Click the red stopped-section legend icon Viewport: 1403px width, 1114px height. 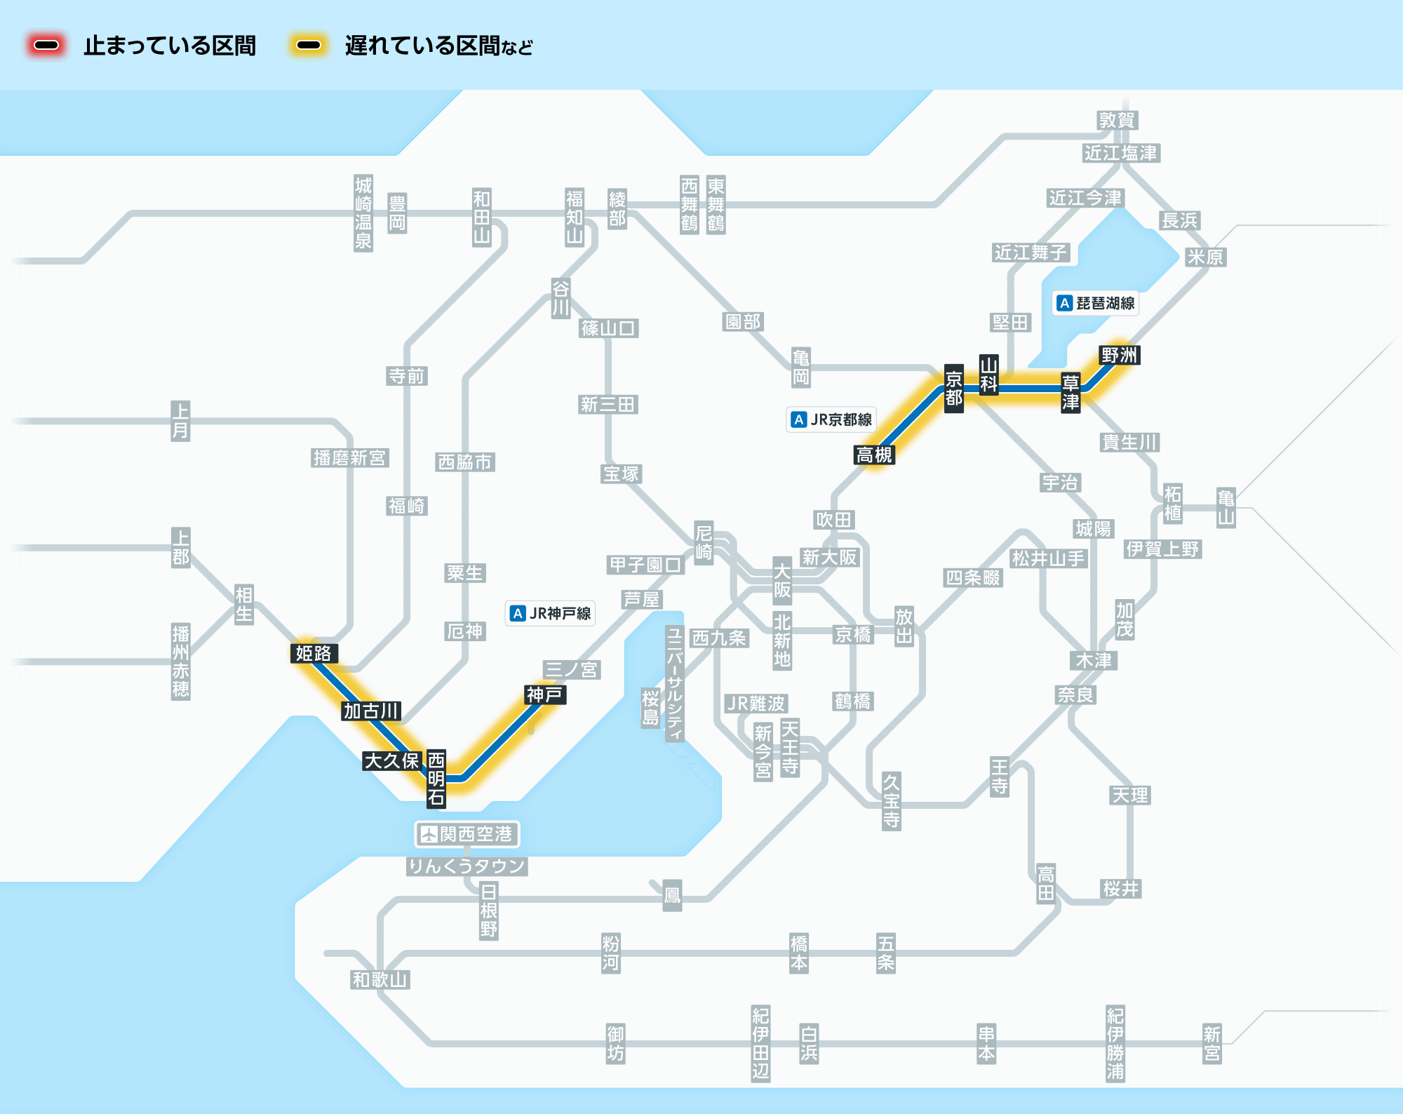tap(46, 46)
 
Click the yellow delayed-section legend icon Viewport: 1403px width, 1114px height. tap(309, 46)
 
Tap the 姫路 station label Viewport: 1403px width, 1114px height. tap(314, 653)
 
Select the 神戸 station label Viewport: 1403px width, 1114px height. tap(545, 694)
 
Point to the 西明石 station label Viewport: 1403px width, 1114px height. tap(436, 778)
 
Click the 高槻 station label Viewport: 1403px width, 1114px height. tap(874, 455)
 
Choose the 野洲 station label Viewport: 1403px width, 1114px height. tap(1120, 355)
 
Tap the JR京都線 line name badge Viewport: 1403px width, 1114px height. tap(831, 420)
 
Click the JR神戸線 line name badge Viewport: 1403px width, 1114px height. tap(551, 613)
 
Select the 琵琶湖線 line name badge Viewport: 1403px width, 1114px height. tap(1096, 303)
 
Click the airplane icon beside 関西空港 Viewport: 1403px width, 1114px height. tap(429, 834)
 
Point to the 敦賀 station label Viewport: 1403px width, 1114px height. tap(1117, 120)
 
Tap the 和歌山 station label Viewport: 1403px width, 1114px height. tap(380, 979)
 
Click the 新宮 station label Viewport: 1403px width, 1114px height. tap(1212, 1043)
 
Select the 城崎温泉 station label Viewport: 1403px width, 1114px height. tap(363, 213)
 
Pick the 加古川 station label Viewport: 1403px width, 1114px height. tap(372, 711)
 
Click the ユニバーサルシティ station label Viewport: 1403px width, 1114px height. tap(675, 683)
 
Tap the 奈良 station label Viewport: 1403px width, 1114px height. tap(1076, 694)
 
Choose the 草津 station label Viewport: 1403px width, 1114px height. tap(1070, 392)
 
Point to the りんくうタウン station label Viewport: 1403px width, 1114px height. tap(467, 866)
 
